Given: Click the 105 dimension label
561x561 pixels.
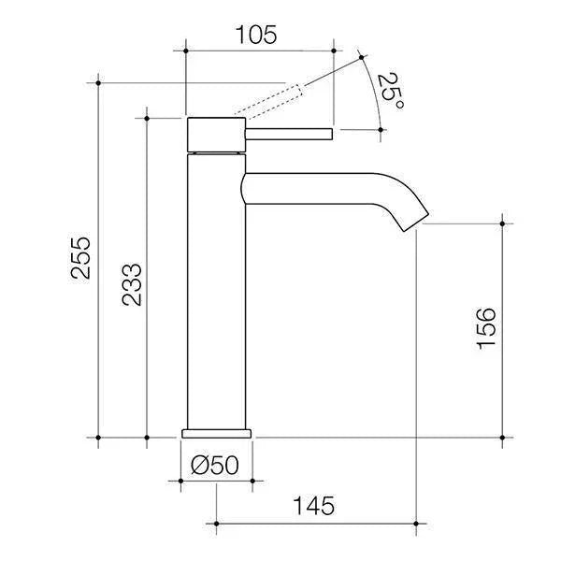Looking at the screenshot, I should (257, 36).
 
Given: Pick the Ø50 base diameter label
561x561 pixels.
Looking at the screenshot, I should (216, 464).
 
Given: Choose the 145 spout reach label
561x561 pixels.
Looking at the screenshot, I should (313, 506).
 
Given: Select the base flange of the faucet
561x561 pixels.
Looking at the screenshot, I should (217, 432).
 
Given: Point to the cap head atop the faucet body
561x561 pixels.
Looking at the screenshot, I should (216, 135).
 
